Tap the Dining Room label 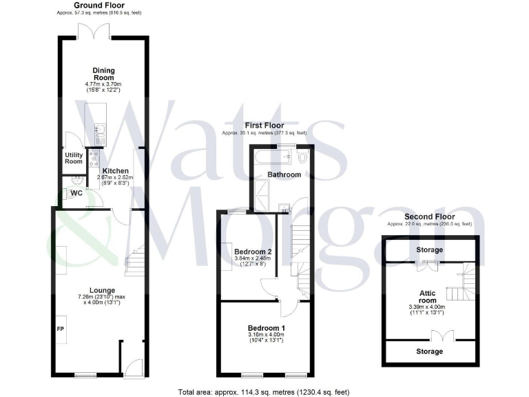[104, 74]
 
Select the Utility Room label [74, 159]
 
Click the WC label [77, 193]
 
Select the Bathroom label [285, 175]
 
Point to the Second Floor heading [430, 216]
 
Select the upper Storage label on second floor [429, 250]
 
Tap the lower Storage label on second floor [430, 352]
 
